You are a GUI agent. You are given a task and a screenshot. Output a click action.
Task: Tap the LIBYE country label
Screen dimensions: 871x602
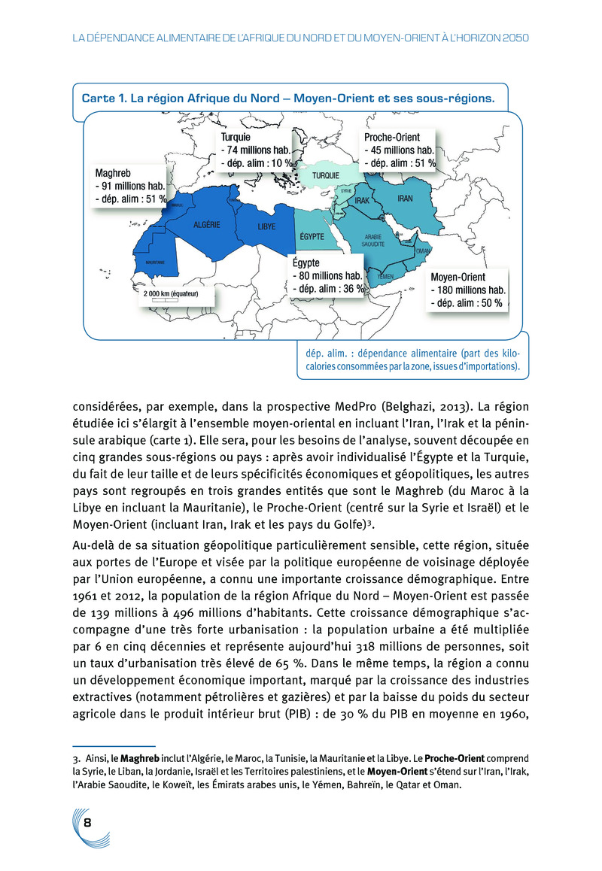click(266, 226)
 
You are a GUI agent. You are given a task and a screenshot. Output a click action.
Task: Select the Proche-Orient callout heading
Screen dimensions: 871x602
click(392, 138)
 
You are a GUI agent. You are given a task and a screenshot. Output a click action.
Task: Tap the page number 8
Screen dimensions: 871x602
click(88, 822)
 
